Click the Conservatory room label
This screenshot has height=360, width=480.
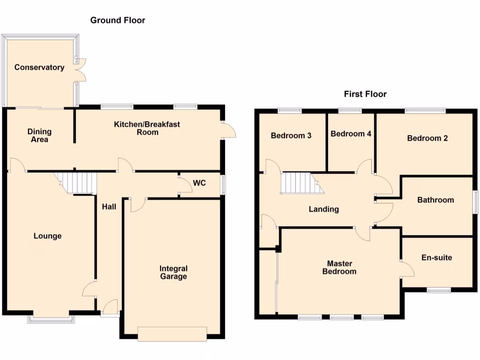coord(39,67)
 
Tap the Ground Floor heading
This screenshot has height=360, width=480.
coord(118,20)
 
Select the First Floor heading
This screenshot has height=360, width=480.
coord(365,94)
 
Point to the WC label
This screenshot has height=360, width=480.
coord(200,183)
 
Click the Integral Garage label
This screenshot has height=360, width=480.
coord(173,272)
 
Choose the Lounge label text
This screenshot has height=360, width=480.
coord(47,236)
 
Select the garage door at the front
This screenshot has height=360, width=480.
coord(172,333)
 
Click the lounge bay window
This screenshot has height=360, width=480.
coord(51,319)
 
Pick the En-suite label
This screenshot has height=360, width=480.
coord(437,257)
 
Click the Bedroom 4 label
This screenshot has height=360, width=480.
coord(351,134)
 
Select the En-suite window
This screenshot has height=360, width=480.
coord(438,290)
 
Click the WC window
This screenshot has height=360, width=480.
coord(223,184)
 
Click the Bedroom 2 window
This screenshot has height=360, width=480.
coord(425,111)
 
